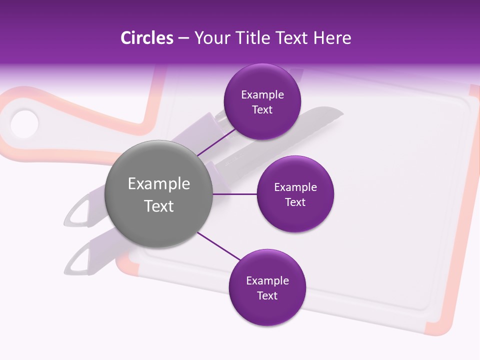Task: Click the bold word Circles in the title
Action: tap(146, 38)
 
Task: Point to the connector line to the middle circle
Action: tap(235, 194)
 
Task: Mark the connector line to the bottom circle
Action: tap(219, 246)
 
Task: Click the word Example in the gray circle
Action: tap(159, 183)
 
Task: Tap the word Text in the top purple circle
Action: tap(262, 109)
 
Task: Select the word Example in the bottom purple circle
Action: tap(267, 280)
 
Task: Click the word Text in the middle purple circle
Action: tap(295, 202)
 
